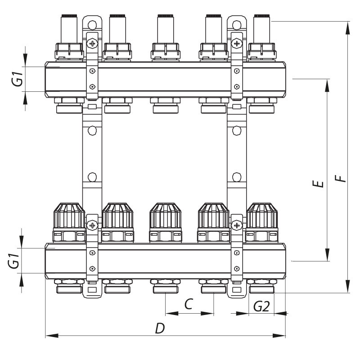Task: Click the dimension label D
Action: (x=159, y=328)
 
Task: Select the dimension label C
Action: (x=189, y=304)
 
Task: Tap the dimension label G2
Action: (x=261, y=306)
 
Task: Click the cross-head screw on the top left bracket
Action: (x=93, y=44)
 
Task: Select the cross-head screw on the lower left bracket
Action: (x=93, y=225)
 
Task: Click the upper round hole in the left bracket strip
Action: (x=93, y=130)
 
